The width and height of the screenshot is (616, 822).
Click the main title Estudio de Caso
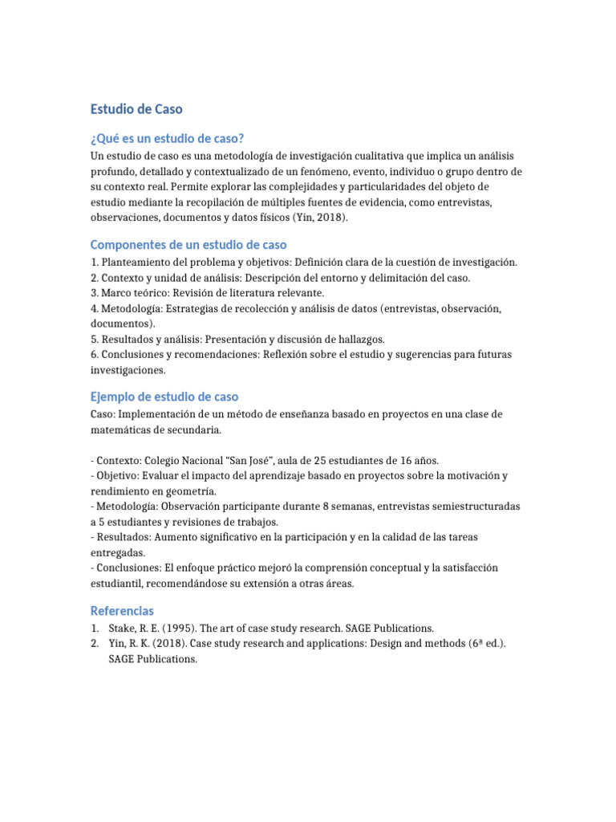coord(136,109)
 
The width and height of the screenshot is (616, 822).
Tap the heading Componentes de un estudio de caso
coord(188,244)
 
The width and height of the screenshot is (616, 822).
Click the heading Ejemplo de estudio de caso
coord(164,397)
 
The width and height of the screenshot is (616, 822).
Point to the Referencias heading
coord(122,611)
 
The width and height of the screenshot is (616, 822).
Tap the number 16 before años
coord(395,461)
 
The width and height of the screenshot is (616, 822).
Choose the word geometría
coord(190,491)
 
